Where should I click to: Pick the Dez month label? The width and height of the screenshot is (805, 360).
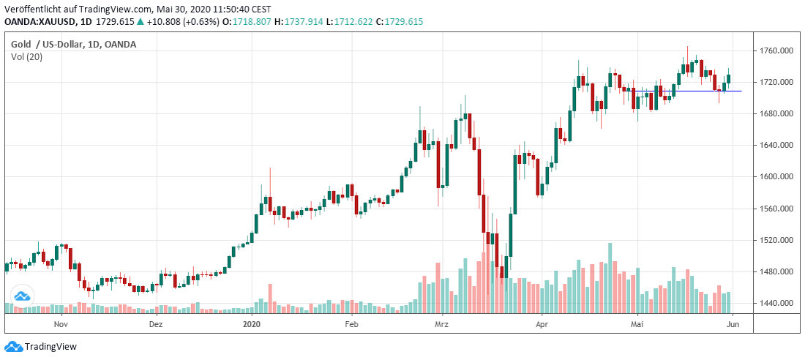tap(155, 323)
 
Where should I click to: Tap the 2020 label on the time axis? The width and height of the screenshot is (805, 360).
tap(252, 323)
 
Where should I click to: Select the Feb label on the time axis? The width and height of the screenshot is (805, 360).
tap(351, 323)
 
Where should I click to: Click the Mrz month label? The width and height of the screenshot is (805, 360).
tap(441, 323)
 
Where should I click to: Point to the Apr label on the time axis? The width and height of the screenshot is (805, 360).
tap(542, 323)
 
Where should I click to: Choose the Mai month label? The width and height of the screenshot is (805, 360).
tap(638, 323)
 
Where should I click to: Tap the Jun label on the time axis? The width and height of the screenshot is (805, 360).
tap(734, 323)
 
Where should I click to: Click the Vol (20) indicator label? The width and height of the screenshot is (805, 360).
tap(25, 57)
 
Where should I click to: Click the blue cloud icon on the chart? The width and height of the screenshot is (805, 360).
tap(21, 296)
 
